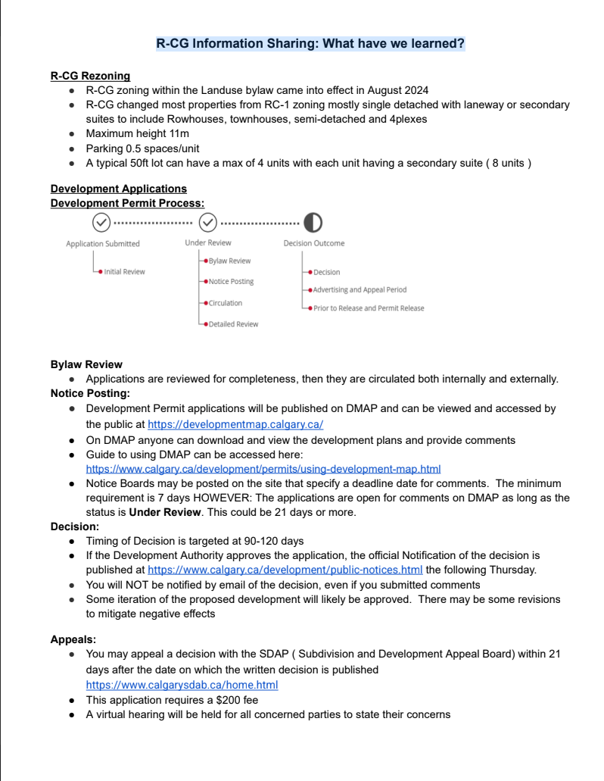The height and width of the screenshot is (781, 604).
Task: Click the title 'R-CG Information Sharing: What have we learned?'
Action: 310,44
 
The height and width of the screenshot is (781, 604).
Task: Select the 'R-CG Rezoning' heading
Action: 90,76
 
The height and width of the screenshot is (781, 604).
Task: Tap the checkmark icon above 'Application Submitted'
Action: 101,222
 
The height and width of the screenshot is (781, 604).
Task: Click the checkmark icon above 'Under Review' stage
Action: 207,222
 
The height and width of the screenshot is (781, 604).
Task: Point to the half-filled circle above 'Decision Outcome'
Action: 313,222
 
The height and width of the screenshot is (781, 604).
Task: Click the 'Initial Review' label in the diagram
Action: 124,271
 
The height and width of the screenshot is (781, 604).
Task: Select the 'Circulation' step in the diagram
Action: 226,303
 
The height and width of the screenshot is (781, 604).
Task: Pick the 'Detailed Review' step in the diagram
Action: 233,324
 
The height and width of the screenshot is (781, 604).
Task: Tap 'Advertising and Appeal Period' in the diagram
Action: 360,289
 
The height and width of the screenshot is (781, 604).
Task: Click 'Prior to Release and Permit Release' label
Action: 369,308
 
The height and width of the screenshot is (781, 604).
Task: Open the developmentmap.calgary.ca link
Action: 235,424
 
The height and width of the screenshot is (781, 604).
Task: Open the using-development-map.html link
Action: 263,469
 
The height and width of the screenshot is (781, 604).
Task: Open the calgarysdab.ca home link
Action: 182,685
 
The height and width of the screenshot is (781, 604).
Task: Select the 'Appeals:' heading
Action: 73,639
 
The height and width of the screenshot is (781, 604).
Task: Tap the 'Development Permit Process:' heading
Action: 127,203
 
